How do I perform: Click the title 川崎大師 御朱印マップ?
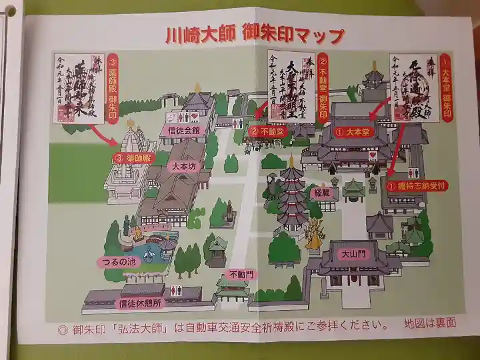tap(255, 35)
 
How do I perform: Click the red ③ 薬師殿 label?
tap(133, 158)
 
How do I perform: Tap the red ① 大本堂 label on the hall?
tap(354, 133)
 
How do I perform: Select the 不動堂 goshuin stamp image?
tap(291, 87)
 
